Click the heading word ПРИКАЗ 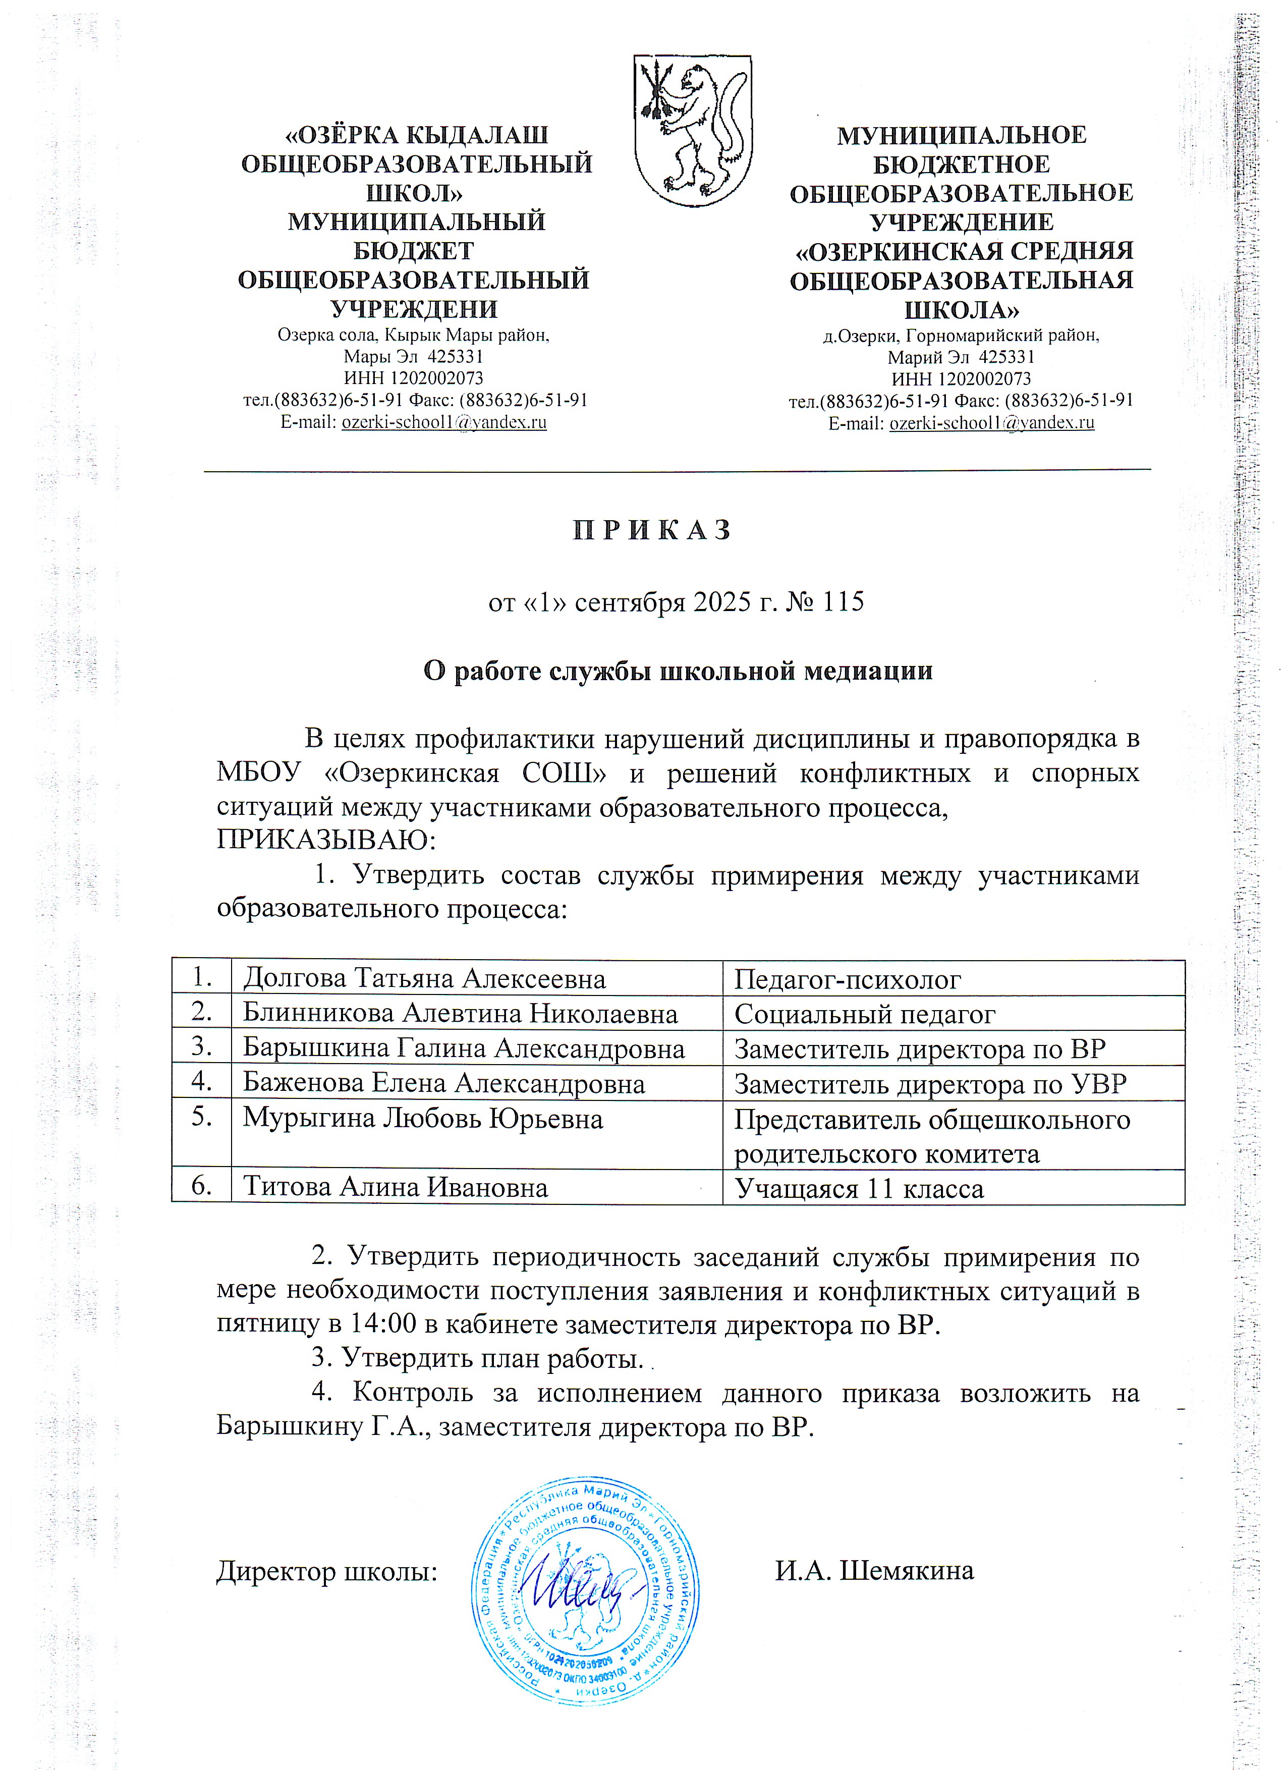[652, 531]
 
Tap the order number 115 [842, 602]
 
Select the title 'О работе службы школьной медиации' [678, 671]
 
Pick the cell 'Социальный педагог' [865, 1014]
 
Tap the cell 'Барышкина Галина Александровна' [464, 1048]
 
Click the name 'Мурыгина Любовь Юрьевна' [422, 1118]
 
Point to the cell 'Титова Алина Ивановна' [395, 1187]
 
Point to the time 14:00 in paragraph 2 [379, 1324]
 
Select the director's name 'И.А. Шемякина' [874, 1570]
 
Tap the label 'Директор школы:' [326, 1570]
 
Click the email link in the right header [991, 422]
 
